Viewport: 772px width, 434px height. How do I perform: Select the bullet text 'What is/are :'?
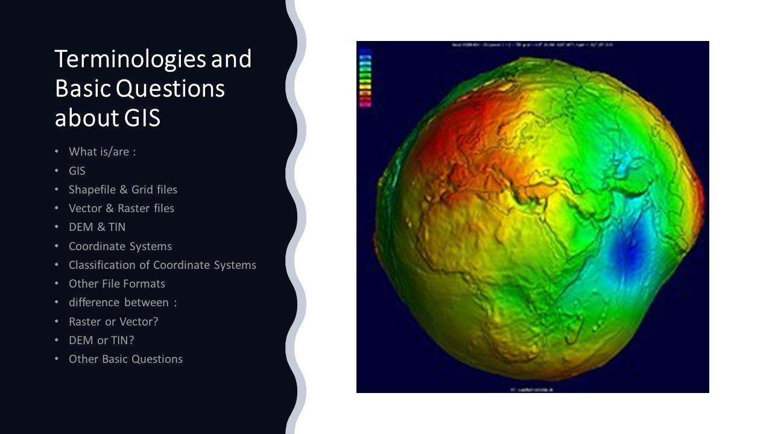[102, 152]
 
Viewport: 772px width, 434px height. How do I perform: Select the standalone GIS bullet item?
[77, 171]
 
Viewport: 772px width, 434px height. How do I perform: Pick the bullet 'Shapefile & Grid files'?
[123, 189]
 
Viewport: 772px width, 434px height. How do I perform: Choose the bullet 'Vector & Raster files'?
[121, 209]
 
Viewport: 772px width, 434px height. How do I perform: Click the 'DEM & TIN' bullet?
[97, 227]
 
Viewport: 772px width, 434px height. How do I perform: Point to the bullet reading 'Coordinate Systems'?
[120, 246]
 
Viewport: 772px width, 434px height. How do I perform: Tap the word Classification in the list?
[108, 265]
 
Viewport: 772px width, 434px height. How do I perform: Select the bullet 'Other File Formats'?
[117, 284]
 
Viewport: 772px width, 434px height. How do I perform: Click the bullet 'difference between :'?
[122, 303]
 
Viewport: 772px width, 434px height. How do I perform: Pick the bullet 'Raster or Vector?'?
[113, 321]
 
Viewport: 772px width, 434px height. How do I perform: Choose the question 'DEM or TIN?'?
[101, 340]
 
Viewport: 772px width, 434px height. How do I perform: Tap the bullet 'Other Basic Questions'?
[125, 359]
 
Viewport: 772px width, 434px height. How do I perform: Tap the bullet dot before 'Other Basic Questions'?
[57, 359]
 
